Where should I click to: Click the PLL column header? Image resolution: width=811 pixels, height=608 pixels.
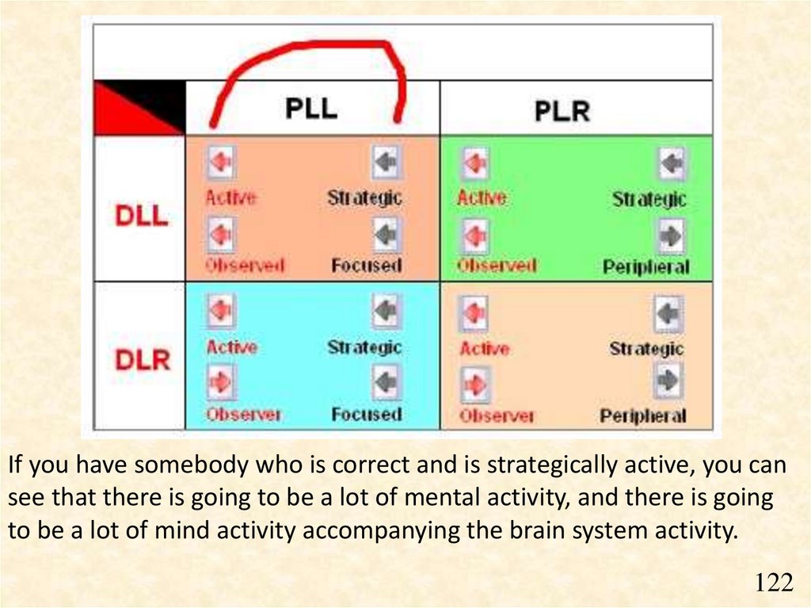(311, 107)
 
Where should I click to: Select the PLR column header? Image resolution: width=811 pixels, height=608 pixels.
(562, 110)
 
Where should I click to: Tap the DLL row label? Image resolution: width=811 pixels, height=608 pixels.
(142, 214)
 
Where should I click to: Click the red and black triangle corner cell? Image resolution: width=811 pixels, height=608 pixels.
(139, 107)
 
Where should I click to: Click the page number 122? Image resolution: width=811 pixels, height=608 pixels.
(773, 583)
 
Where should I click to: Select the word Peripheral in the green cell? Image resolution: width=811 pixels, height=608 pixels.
(645, 267)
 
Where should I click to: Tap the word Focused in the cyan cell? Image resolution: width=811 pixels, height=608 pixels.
(366, 415)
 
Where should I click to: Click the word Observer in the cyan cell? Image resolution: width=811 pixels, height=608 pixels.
(243, 415)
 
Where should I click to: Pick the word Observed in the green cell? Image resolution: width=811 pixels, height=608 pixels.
(497, 266)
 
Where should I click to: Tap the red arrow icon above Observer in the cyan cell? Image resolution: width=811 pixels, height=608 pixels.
(220, 382)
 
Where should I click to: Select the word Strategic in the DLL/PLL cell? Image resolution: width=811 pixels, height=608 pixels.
(365, 198)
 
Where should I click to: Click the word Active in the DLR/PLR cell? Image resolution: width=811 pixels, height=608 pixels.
(484, 348)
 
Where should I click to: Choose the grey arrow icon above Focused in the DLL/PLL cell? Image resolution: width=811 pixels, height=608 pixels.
(386, 235)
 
